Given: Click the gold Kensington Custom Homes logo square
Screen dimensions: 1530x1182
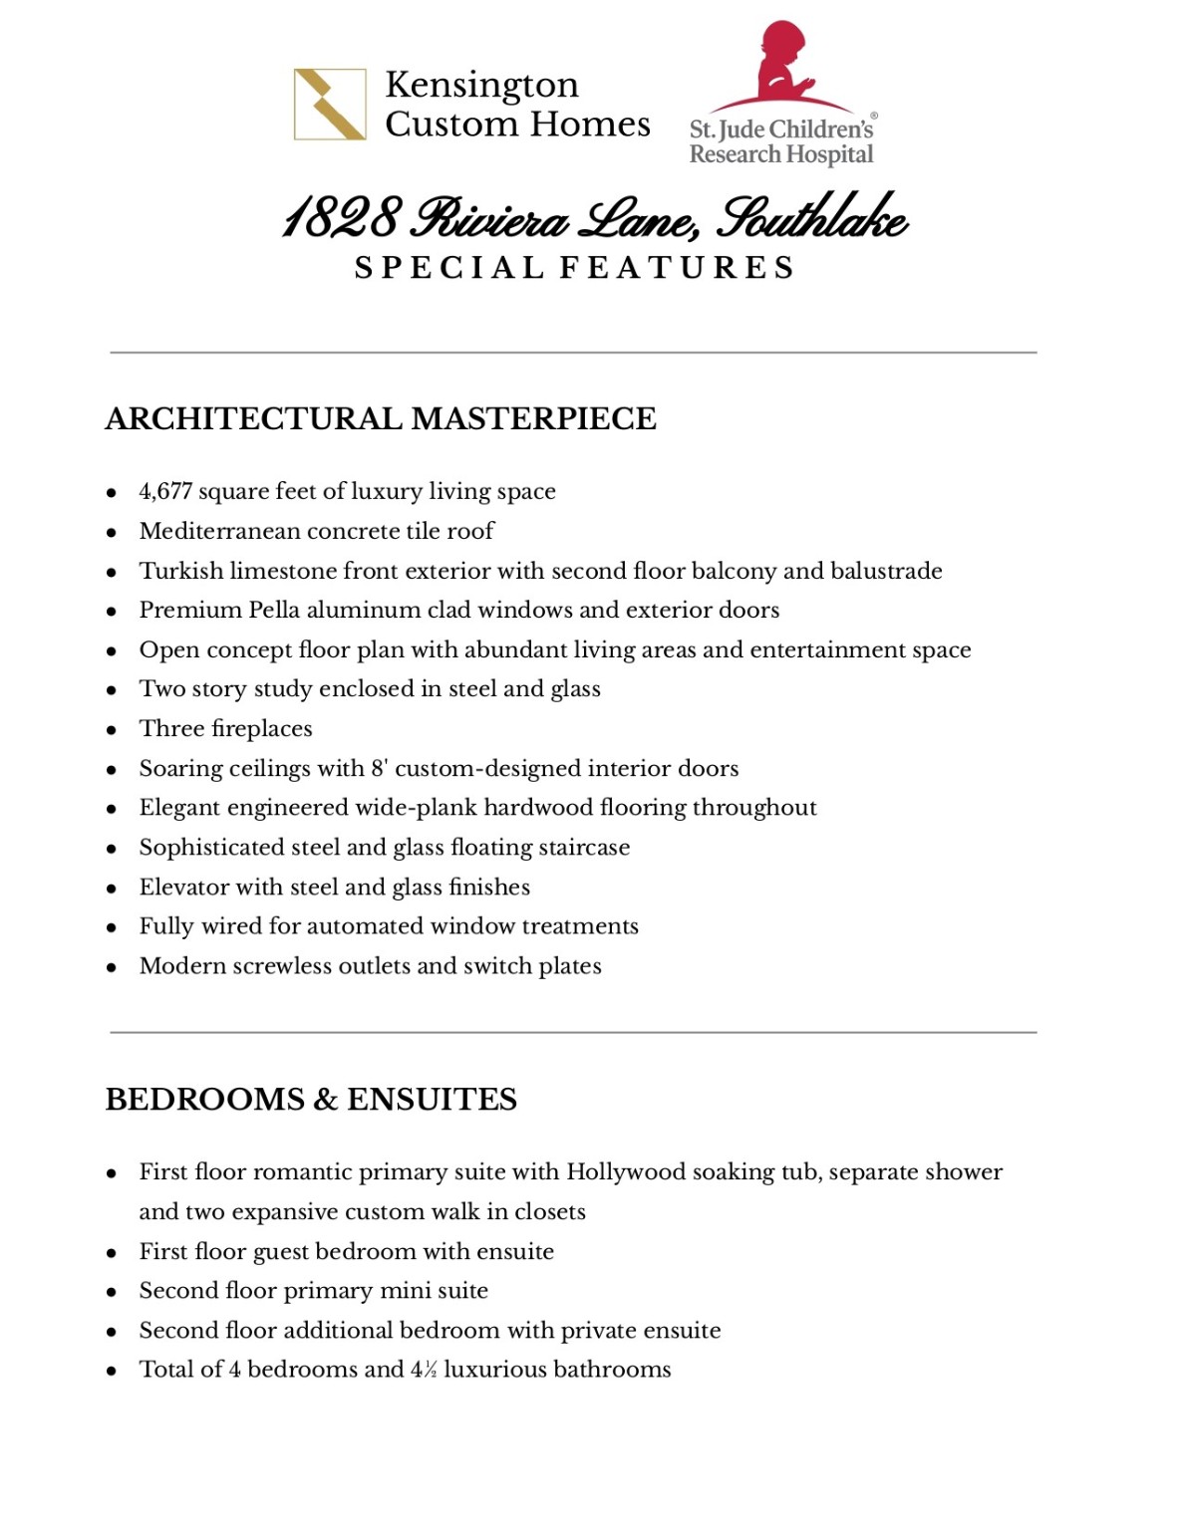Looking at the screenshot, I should tap(330, 104).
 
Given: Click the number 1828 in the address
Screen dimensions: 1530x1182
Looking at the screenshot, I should tap(342, 218).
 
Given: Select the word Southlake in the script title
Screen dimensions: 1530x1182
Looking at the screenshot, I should tap(812, 218).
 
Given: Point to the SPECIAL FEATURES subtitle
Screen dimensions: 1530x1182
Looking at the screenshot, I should tap(574, 268).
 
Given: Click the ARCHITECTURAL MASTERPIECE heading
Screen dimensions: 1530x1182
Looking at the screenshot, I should tap(381, 418).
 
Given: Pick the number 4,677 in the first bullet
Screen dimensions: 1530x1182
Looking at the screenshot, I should tap(165, 491).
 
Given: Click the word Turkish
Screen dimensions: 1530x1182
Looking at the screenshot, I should tap(181, 571).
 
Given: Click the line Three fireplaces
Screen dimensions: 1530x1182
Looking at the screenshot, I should tap(225, 728).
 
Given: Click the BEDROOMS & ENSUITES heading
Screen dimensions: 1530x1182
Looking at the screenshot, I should tap(311, 1099).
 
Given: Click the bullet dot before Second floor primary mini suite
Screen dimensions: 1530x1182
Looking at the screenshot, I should tap(112, 1292).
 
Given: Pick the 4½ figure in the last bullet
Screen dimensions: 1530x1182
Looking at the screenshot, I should tap(424, 1370).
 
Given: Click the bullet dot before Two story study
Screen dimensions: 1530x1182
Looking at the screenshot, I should tap(112, 690).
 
